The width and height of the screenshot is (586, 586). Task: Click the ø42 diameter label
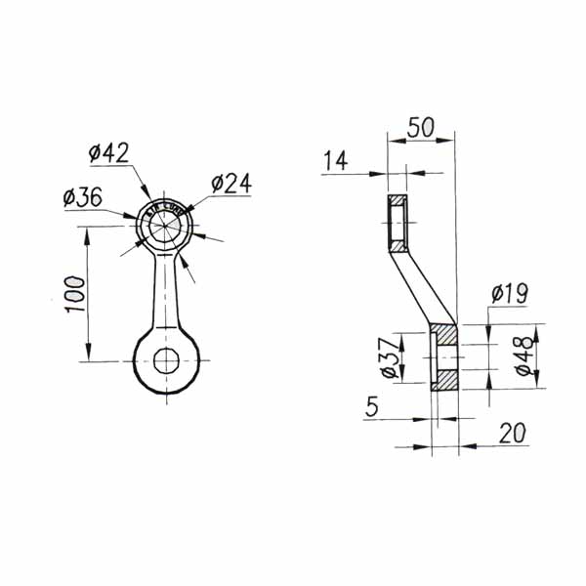(108, 153)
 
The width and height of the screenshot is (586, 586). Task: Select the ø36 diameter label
(82, 196)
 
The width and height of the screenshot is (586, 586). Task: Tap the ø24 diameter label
(231, 183)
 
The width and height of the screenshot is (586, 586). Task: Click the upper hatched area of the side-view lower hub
(444, 335)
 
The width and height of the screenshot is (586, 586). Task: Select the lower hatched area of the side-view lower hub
(444, 380)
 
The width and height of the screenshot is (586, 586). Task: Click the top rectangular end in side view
(398, 222)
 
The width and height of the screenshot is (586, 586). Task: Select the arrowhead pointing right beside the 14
(379, 175)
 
